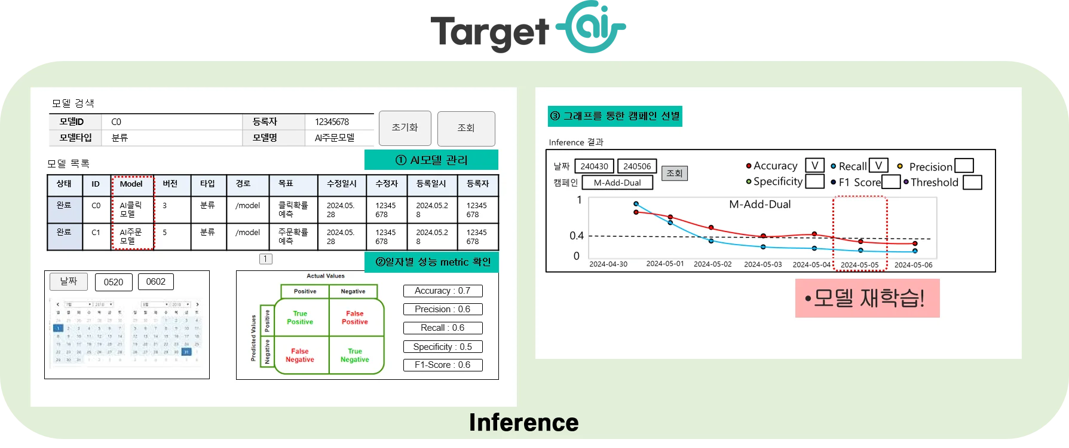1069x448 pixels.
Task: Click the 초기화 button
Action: tap(405, 128)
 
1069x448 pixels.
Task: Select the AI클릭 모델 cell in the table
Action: tap(131, 209)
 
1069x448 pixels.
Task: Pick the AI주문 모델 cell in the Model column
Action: tap(131, 236)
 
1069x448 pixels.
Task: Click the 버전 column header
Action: tap(170, 184)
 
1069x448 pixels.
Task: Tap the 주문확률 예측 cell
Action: tap(293, 236)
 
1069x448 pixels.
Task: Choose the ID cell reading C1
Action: tap(96, 232)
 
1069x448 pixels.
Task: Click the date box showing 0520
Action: tap(114, 282)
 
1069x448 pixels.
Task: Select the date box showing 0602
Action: tap(156, 282)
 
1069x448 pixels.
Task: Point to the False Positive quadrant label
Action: tap(354, 318)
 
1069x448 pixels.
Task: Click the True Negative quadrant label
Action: tap(354, 355)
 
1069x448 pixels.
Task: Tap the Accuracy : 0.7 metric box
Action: tap(443, 291)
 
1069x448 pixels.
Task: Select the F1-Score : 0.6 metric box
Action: tap(443, 365)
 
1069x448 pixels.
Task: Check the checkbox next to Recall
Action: tap(878, 166)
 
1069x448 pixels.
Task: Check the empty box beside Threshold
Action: tap(972, 182)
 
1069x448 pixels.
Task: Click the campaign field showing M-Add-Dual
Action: tap(617, 183)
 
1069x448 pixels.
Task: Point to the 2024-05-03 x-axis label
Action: tap(762, 264)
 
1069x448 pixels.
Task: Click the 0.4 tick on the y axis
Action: tap(576, 236)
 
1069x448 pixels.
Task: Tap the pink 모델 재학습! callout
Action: tap(867, 298)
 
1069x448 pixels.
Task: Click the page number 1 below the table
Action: tap(266, 259)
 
